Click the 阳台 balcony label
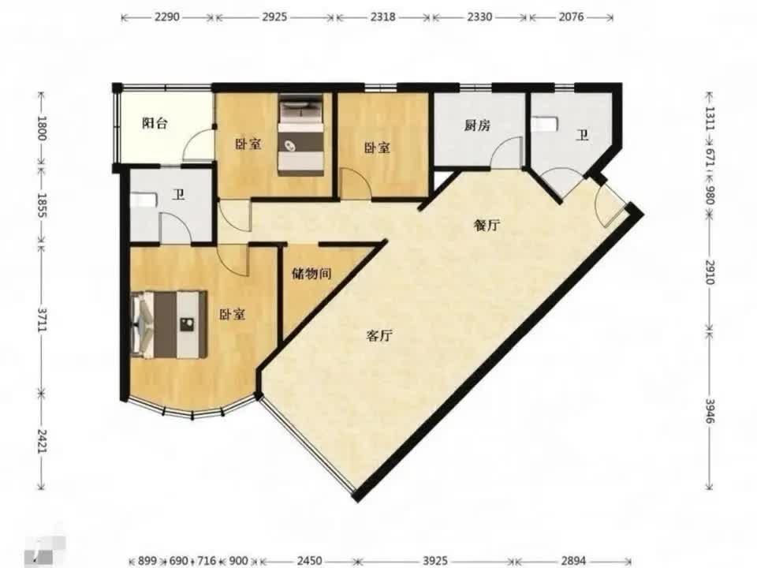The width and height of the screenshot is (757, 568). click(155, 123)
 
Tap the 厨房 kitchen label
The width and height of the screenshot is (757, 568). click(478, 125)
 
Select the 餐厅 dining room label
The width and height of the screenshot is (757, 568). click(487, 225)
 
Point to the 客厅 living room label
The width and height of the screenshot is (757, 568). click(379, 336)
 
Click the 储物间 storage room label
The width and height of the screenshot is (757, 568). click(312, 274)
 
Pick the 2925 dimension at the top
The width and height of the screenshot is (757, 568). click(274, 17)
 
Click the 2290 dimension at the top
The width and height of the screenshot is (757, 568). click(167, 17)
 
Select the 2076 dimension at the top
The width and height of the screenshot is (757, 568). click(571, 17)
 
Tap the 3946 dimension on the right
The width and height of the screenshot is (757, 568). click(709, 410)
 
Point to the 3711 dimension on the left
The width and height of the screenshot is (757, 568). click(43, 319)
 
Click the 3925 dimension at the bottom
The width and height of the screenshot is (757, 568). click(435, 560)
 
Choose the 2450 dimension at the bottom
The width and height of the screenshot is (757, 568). click(309, 560)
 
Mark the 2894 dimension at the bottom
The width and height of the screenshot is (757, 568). click(573, 560)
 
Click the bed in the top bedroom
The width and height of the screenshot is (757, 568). click(300, 136)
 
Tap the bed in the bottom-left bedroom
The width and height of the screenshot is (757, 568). click(169, 324)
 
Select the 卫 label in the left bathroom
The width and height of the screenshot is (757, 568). click(179, 195)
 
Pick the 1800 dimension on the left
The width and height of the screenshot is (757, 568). click(43, 128)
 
